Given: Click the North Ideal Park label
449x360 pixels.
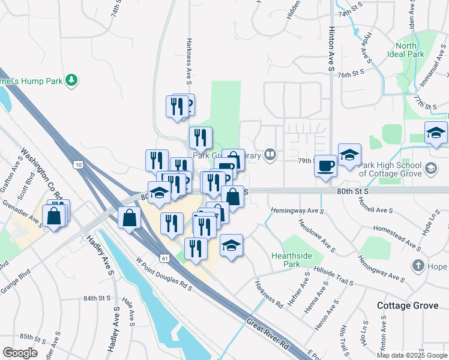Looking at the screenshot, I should [x=406, y=50].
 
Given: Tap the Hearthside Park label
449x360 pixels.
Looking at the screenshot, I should [x=291, y=260].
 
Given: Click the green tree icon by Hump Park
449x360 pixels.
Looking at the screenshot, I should [x=71, y=79].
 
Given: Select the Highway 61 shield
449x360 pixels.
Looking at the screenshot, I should [x=164, y=257].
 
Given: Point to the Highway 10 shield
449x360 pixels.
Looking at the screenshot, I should [x=79, y=164].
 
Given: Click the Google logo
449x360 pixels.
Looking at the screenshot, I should [x=20, y=353].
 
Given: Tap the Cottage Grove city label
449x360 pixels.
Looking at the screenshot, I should [x=407, y=305].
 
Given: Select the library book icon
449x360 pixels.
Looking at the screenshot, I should [x=271, y=156].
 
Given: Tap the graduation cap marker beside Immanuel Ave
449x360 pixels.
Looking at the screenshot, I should [x=436, y=134].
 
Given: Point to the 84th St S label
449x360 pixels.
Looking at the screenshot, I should [x=97, y=298].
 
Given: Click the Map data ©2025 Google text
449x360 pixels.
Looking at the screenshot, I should [x=411, y=355].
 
